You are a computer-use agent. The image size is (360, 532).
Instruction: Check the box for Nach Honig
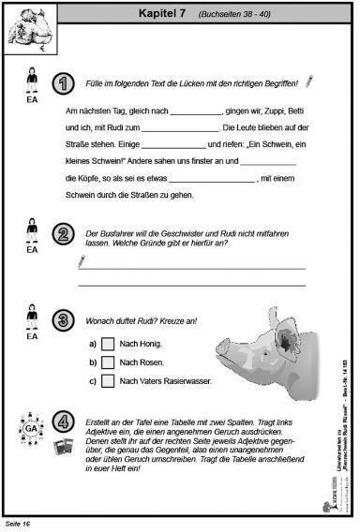pyautogui.click(x=108, y=343)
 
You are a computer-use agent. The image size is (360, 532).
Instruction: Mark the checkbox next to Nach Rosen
pyautogui.click(x=108, y=362)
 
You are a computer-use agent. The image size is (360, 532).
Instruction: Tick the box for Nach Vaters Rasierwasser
pyautogui.click(x=108, y=380)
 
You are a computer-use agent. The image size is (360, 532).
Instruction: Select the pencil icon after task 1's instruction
pyautogui.click(x=307, y=82)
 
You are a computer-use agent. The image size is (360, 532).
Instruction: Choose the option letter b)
pyautogui.click(x=93, y=362)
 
